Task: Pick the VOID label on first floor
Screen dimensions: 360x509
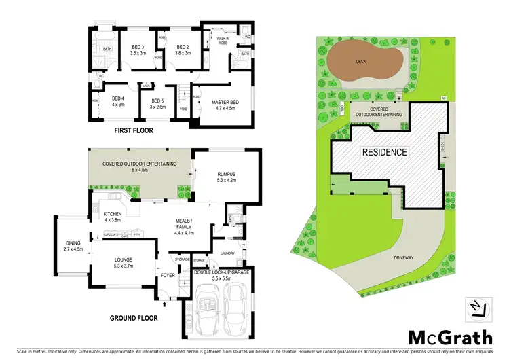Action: point(183,109)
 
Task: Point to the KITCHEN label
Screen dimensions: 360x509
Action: point(111,215)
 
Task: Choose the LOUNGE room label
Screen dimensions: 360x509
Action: point(123,259)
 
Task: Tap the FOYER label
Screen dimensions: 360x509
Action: point(167,275)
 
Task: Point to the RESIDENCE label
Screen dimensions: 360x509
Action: point(383,152)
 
